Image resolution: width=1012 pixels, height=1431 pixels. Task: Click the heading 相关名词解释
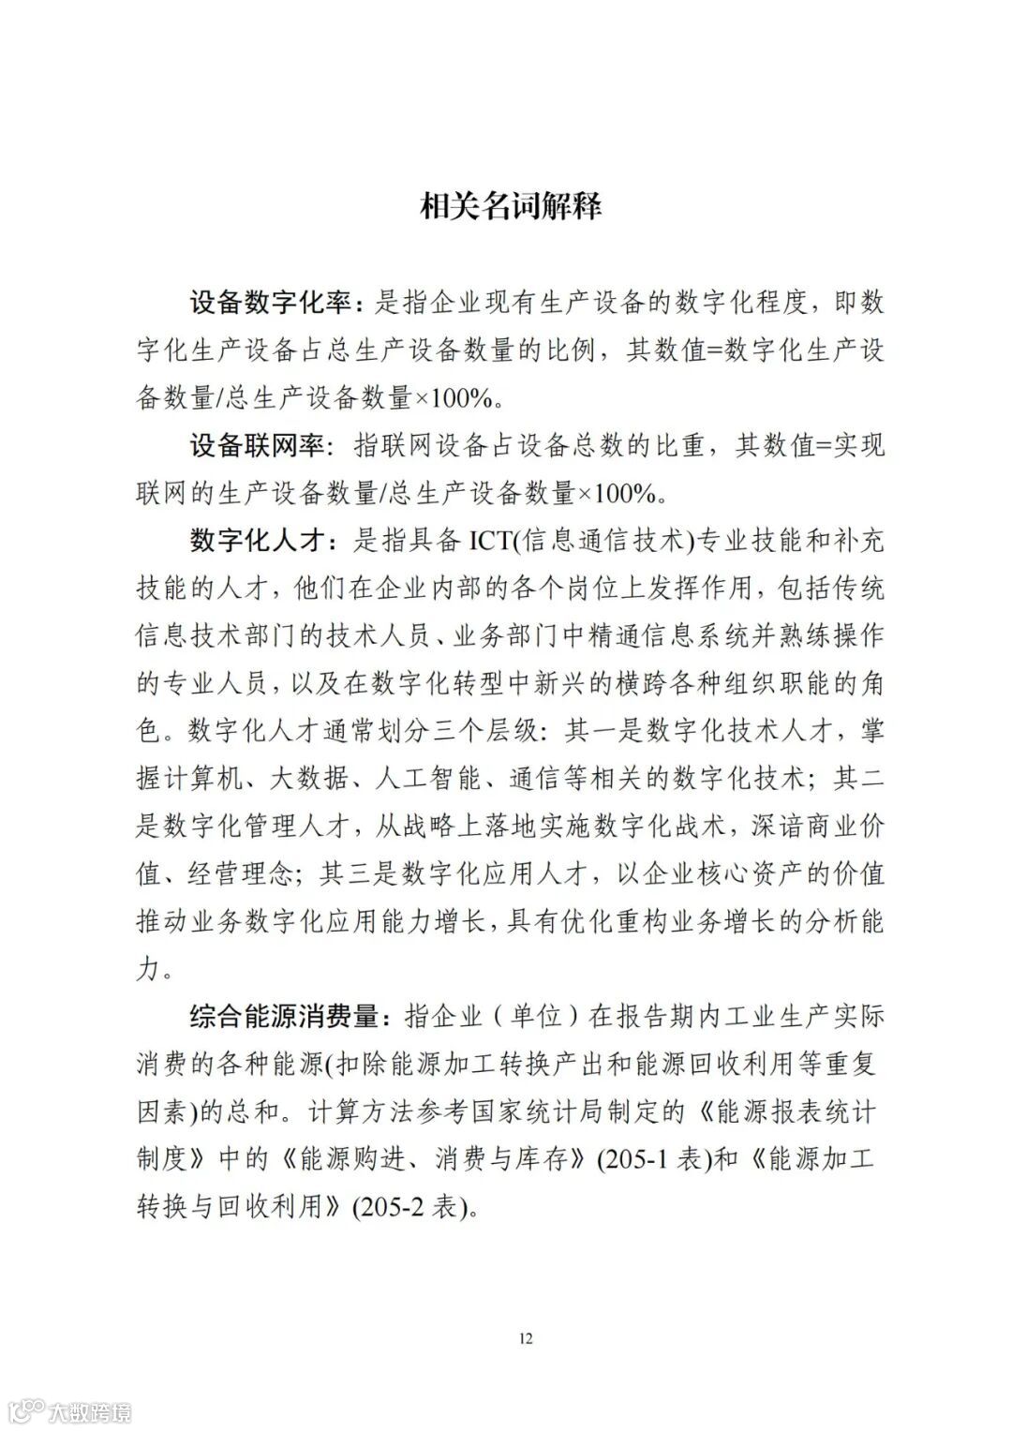[x=510, y=206]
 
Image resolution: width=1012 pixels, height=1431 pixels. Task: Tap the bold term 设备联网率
[x=254, y=445]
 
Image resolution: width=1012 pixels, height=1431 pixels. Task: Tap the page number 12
[x=525, y=1337]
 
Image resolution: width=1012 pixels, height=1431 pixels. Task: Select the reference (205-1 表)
[x=650, y=1160]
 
